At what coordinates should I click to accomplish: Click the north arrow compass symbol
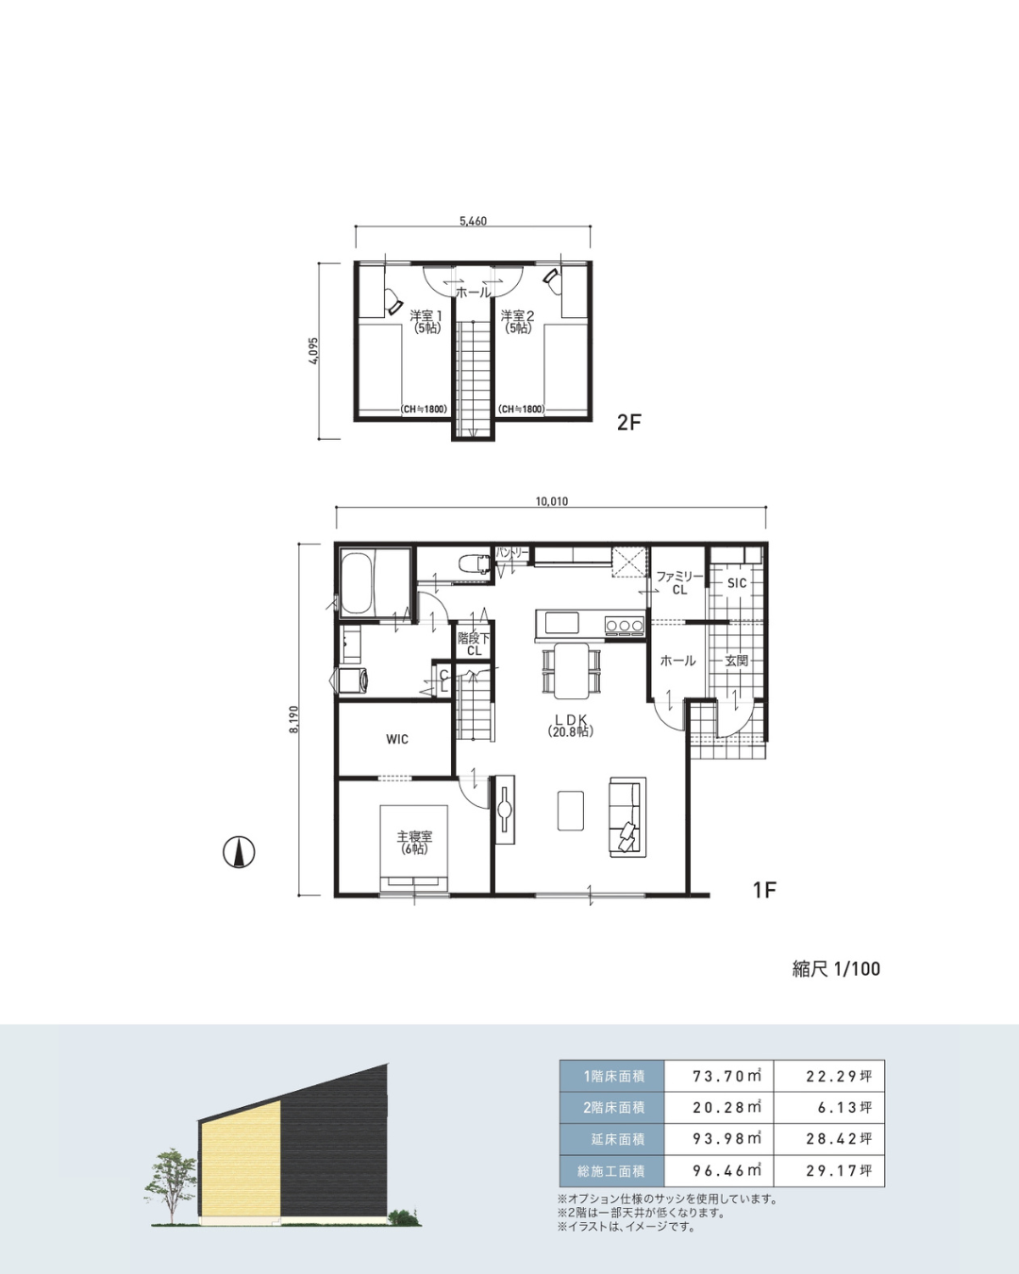coord(239,853)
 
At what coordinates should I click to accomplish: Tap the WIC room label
coord(397,740)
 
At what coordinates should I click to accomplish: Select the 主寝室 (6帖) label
coord(414,843)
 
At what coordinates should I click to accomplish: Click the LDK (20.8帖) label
coord(571,725)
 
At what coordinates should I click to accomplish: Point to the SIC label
coord(737,583)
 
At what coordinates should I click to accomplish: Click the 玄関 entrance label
coord(737,661)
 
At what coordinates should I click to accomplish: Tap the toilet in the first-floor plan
coord(475,562)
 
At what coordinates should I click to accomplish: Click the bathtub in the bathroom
coord(357,584)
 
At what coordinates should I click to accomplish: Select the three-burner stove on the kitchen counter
coord(624,625)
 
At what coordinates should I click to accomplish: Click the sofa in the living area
coord(627,816)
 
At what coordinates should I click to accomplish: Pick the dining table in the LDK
coord(572,671)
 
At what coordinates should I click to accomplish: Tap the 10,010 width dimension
coord(551,501)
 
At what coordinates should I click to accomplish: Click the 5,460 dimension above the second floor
coord(473,222)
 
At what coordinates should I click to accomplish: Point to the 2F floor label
coord(628,423)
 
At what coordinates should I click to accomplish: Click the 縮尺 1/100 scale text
coord(836,969)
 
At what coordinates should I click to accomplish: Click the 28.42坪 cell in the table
coord(839,1139)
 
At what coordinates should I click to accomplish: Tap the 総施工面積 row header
coord(611,1171)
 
